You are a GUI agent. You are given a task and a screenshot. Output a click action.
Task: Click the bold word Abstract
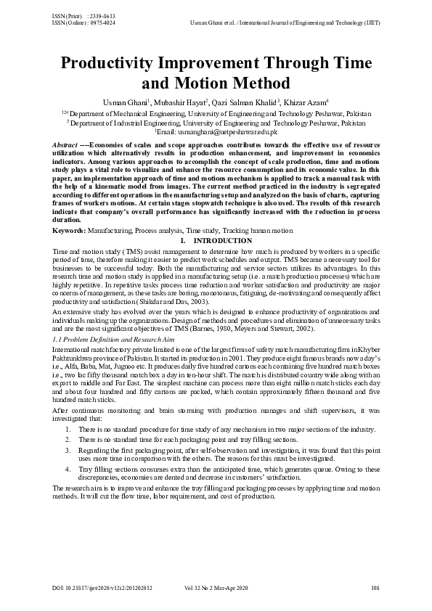coord(69,145)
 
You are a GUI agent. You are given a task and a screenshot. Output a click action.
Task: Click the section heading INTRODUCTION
coord(221,239)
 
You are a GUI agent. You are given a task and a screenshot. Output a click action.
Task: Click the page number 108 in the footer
coord(375,586)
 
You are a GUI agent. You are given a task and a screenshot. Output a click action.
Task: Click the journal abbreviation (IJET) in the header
coord(371,22)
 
